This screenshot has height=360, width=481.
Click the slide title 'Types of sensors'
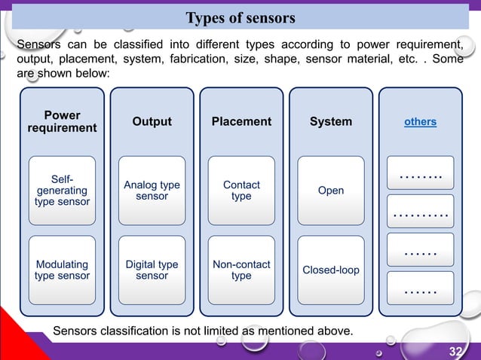point(240,17)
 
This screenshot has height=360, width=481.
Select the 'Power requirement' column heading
point(62,122)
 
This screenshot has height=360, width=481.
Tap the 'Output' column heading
point(152,122)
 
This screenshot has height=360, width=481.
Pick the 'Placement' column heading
point(241,122)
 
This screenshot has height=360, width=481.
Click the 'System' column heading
point(331,122)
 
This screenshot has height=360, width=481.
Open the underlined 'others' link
point(420,122)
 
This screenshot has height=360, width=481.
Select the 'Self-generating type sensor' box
point(62,191)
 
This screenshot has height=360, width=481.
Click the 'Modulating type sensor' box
point(62,270)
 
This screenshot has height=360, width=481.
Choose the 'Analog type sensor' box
point(152,191)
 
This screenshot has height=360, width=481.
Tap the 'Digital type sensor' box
point(152,270)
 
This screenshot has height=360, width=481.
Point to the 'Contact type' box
point(241,191)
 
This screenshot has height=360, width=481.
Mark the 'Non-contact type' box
point(241,270)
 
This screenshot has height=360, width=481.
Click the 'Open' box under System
point(331,191)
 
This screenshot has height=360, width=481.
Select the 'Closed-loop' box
point(331,270)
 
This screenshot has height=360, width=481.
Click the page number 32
point(455,352)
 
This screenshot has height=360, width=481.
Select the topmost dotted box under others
point(420,173)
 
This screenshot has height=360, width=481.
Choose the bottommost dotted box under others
point(420,288)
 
